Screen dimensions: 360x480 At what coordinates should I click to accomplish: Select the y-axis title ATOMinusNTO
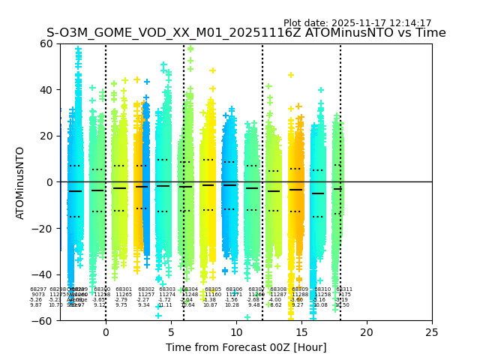pos(20,182)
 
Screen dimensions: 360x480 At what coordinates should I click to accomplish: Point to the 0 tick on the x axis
pos(106,331)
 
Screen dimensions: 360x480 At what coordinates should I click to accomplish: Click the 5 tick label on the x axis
pos(171,331)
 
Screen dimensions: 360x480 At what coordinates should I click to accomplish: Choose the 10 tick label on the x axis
pos(236,331)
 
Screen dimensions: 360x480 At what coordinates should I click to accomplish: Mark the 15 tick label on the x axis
pos(301,331)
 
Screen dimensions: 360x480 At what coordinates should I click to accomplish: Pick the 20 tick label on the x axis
pos(367,331)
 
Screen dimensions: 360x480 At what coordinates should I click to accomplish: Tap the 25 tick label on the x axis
pos(432,331)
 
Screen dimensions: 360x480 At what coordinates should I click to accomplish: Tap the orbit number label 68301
pos(124,289)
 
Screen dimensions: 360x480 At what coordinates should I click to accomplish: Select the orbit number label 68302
pos(146,289)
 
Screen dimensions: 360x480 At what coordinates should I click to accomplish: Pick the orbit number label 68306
pos(234,289)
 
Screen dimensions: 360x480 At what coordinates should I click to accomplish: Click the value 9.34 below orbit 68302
pos(143,305)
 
